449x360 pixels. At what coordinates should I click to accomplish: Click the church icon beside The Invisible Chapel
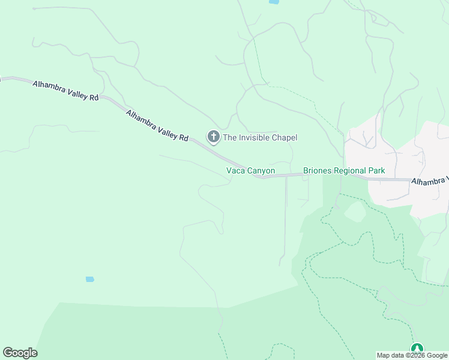click(x=213, y=137)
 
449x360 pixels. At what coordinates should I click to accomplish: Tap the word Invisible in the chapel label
click(x=256, y=138)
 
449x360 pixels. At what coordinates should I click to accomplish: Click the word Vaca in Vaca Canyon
click(x=235, y=171)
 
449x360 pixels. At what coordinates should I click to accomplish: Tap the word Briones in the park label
click(x=316, y=171)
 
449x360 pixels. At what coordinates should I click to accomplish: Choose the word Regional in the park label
click(x=349, y=171)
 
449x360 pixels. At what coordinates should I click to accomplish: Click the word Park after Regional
click(x=376, y=171)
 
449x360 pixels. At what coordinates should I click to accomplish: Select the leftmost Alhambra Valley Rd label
click(x=65, y=90)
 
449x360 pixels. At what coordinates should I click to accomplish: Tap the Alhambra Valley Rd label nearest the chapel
click(x=157, y=125)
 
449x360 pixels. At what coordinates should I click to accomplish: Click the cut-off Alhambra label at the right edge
click(x=430, y=181)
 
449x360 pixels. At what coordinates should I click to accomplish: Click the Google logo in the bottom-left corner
click(x=20, y=353)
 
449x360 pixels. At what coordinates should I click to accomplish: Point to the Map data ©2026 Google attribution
click(x=412, y=355)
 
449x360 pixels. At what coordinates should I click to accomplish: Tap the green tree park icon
click(x=417, y=349)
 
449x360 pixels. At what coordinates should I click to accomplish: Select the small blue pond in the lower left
click(x=90, y=279)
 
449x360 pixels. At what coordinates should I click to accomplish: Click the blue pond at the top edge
click(x=274, y=2)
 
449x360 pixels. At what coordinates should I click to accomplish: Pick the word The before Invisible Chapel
click(x=230, y=138)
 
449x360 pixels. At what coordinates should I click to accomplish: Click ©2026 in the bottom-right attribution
click(x=410, y=355)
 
